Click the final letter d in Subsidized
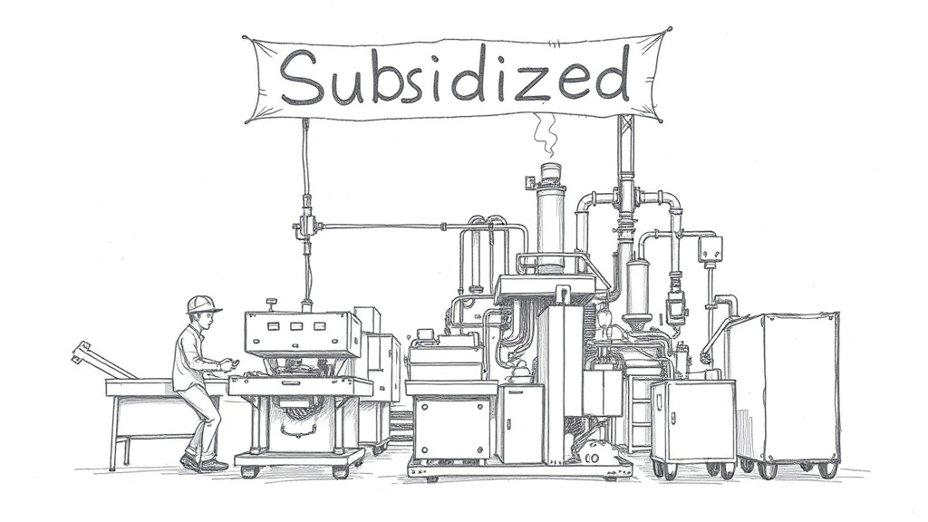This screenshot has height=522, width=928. (x=611, y=72)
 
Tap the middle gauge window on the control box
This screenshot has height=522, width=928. (x=296, y=326)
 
